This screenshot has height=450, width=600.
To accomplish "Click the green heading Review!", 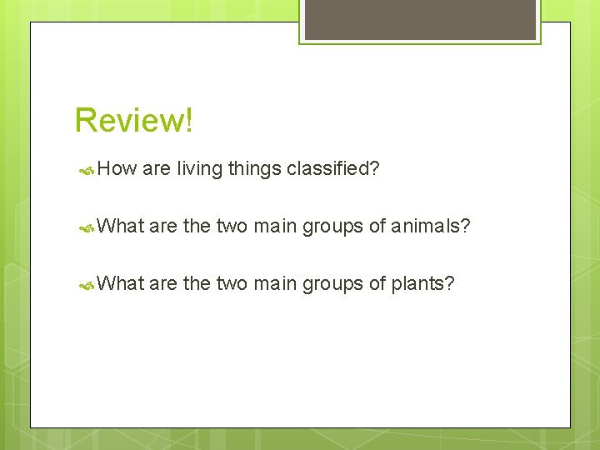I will click(x=133, y=120).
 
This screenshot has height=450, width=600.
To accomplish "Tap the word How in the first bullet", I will click(x=117, y=169).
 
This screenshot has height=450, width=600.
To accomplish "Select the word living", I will click(x=199, y=170).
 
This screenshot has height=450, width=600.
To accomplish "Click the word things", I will click(x=254, y=170).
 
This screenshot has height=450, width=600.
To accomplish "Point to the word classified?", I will click(x=333, y=170).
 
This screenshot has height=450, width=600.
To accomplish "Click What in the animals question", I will click(x=121, y=226).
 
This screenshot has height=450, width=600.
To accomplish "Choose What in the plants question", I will click(x=121, y=284).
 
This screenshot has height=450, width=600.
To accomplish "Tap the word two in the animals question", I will click(x=232, y=226).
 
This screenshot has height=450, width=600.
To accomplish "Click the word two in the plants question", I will click(x=232, y=284).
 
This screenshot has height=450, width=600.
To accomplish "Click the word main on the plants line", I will click(x=276, y=284).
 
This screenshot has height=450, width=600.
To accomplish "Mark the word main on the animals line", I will click(x=276, y=226).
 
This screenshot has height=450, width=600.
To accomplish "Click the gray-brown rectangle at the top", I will click(x=419, y=19).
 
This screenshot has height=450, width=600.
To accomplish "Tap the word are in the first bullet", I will click(x=157, y=170).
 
